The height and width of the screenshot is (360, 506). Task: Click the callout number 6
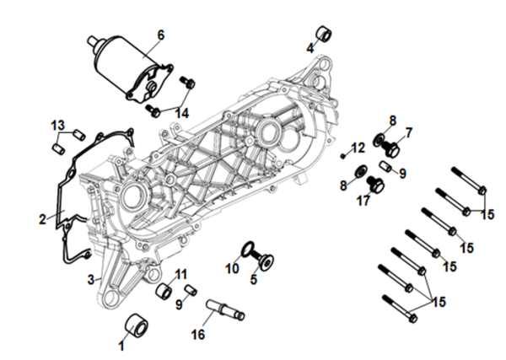[161, 35]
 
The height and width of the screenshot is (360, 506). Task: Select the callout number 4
[310, 48]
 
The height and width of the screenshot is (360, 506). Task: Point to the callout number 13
[58, 125]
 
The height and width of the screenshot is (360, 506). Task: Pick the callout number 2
[42, 220]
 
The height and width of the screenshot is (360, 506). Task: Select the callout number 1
[121, 345]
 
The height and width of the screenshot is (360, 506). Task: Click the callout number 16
[198, 334]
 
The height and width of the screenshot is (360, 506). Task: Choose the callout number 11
[181, 273]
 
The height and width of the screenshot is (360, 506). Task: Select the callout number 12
[358, 148]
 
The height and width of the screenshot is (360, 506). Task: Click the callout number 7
[409, 132]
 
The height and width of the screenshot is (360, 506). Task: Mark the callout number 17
[363, 201]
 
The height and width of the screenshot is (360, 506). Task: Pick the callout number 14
[182, 113]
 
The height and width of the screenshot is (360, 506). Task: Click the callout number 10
[233, 269]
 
